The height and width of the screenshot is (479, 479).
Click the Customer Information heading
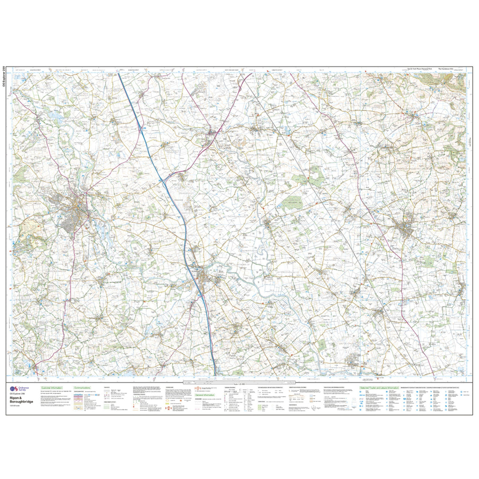pyautogui.click(x=51, y=388)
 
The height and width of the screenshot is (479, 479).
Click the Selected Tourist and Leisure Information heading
pyautogui.click(x=379, y=388)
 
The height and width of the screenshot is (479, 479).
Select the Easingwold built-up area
pyautogui.click(x=405, y=228)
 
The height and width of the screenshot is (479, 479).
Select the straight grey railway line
pyautogui.click(x=327, y=187)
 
